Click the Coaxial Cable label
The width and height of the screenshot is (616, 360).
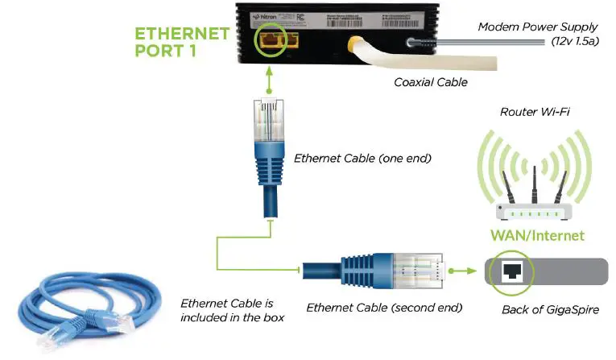pyautogui.click(x=430, y=81)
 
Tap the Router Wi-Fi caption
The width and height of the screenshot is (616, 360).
pyautogui.click(x=535, y=112)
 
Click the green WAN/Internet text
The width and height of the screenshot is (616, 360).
pyautogui.click(x=537, y=236)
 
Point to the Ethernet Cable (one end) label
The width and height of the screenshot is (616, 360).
pyautogui.click(x=362, y=158)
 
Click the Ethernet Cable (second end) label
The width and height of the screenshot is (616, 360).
pyautogui.click(x=384, y=307)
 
